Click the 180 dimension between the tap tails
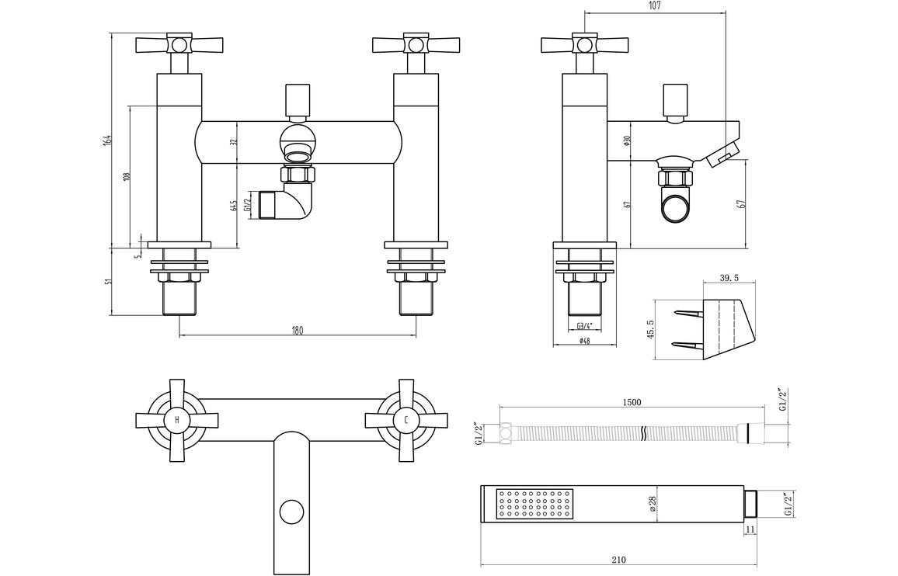click(x=297, y=330)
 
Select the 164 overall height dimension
click(x=108, y=140)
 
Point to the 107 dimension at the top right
click(x=654, y=6)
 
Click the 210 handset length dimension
click(x=618, y=559)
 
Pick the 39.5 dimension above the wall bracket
click(x=728, y=279)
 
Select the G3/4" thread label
click(x=585, y=326)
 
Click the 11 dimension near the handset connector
click(x=750, y=529)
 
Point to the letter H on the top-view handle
click(x=177, y=420)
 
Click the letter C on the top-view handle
click(x=405, y=420)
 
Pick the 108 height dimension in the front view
click(x=127, y=175)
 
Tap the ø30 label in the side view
click(x=625, y=141)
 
